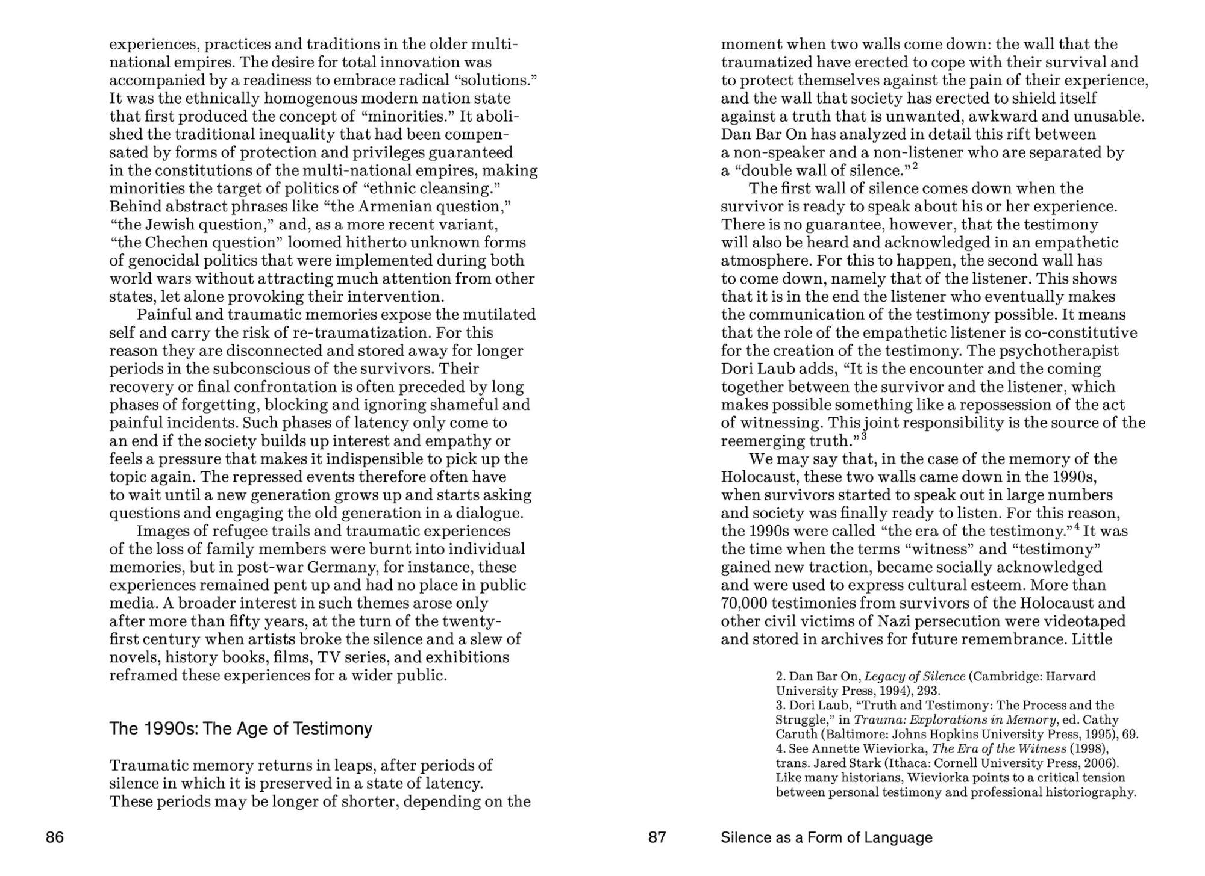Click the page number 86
[x=55, y=837]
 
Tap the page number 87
[x=657, y=837]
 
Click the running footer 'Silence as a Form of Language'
[x=826, y=837]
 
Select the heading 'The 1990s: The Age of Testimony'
[x=240, y=729]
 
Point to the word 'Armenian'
[x=393, y=207]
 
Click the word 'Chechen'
[x=175, y=243]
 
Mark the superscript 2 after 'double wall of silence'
[x=915, y=166]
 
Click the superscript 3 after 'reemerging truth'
[x=863, y=436]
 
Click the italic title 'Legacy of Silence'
[x=915, y=676]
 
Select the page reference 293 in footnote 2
[x=928, y=691]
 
